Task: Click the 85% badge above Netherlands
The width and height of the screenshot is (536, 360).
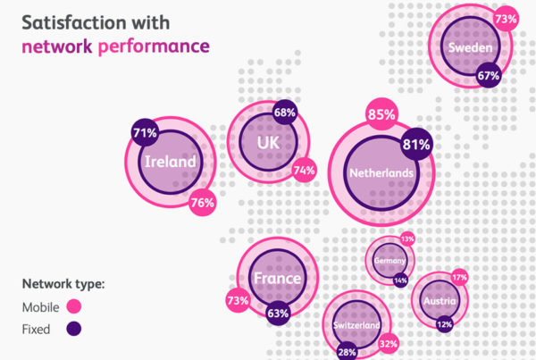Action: click(381, 114)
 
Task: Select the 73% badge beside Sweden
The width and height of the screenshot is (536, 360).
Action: click(506, 18)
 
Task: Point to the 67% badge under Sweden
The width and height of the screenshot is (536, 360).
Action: click(488, 76)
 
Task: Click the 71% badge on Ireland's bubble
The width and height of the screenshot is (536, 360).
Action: click(145, 133)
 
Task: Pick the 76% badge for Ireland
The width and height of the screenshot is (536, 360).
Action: click(202, 203)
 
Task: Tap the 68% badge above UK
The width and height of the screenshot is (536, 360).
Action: click(285, 113)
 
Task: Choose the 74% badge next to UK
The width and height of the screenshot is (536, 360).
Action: click(305, 171)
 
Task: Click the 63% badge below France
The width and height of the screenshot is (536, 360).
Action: click(278, 314)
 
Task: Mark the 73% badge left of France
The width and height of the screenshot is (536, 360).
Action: click(238, 300)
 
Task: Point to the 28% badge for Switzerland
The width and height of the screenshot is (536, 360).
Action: click(348, 353)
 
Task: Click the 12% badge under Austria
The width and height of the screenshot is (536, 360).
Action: click(444, 323)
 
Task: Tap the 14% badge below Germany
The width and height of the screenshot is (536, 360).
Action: click(400, 280)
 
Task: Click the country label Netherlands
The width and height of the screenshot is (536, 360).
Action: click(381, 172)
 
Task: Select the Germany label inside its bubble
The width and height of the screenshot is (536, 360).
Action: click(389, 260)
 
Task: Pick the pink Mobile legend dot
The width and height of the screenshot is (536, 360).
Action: click(75, 307)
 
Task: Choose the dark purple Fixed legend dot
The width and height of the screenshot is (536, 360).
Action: click(75, 329)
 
